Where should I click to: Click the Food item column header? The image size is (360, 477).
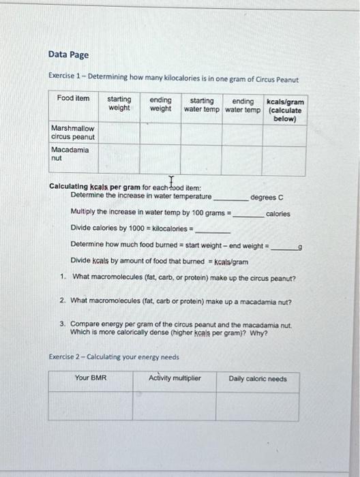(73, 99)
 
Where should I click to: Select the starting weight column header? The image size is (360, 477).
(119, 104)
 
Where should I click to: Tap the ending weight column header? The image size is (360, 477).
(160, 104)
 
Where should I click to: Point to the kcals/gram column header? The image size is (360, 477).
(285, 110)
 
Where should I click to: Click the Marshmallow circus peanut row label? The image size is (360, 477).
(72, 132)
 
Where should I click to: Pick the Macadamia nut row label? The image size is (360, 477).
(70, 153)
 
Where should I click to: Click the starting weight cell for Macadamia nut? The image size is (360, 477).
(119, 159)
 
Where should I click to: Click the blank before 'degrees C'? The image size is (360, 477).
(230, 198)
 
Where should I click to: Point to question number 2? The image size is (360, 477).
(63, 300)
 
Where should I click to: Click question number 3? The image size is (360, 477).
(63, 325)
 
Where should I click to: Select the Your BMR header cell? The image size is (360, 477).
(91, 379)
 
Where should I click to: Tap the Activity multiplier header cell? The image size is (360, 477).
(175, 379)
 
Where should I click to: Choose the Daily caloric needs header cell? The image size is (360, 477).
(258, 379)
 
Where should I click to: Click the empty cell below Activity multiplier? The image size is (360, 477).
(175, 407)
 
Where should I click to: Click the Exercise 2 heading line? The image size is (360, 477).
(114, 356)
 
